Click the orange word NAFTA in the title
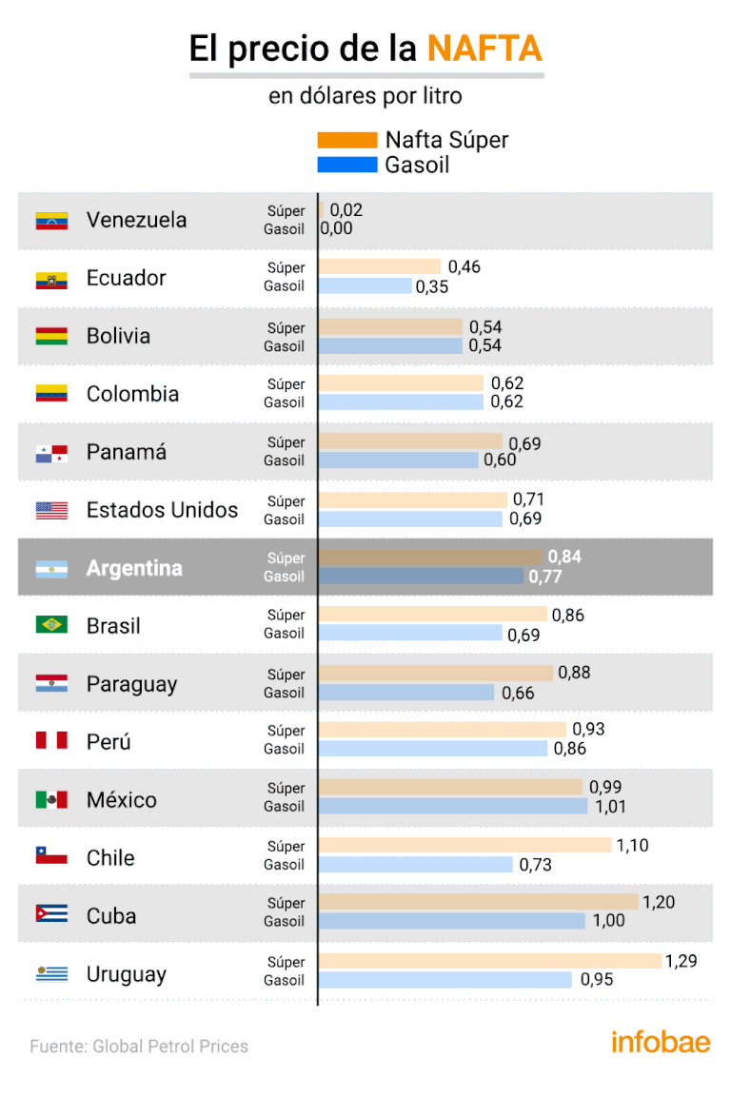point(484,49)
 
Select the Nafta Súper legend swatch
point(346,140)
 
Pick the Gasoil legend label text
point(417,165)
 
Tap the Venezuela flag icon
point(51,221)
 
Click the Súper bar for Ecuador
point(380,267)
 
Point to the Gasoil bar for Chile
point(416,865)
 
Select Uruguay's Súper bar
point(490,962)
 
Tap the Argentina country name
point(134,568)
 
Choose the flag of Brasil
point(51,625)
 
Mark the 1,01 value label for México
point(608,807)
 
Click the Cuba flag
point(51,914)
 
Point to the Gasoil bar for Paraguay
point(406,693)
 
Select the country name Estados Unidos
point(162,510)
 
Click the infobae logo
point(661,1041)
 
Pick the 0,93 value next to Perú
point(588,730)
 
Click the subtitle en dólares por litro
point(365,97)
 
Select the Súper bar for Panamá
point(410,442)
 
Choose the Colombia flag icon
point(51,393)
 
